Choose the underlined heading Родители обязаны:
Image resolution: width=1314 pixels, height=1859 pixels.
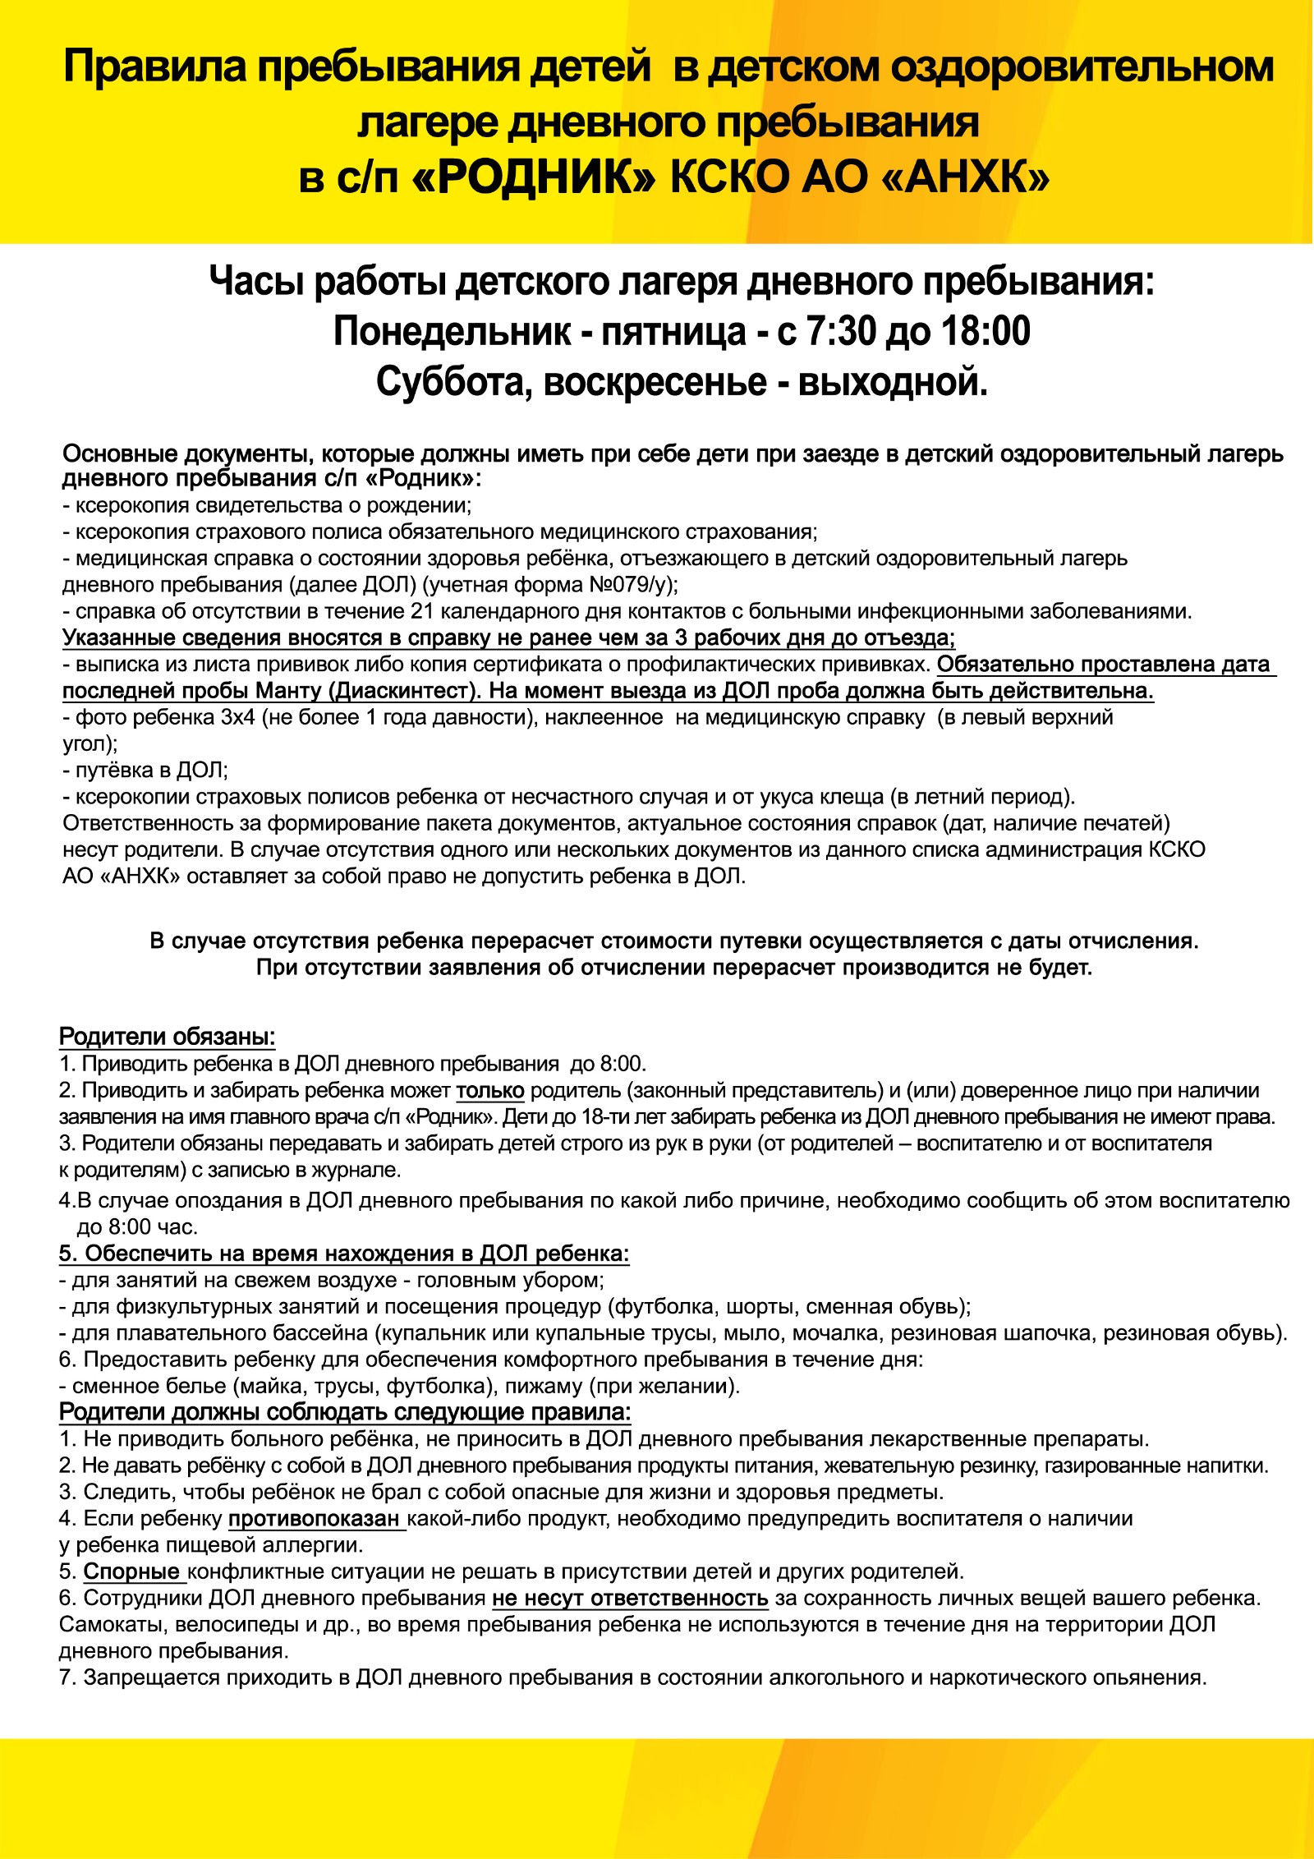(x=167, y=1038)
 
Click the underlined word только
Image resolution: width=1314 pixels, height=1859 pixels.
(x=490, y=1091)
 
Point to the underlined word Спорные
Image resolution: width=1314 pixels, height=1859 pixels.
(x=131, y=1571)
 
